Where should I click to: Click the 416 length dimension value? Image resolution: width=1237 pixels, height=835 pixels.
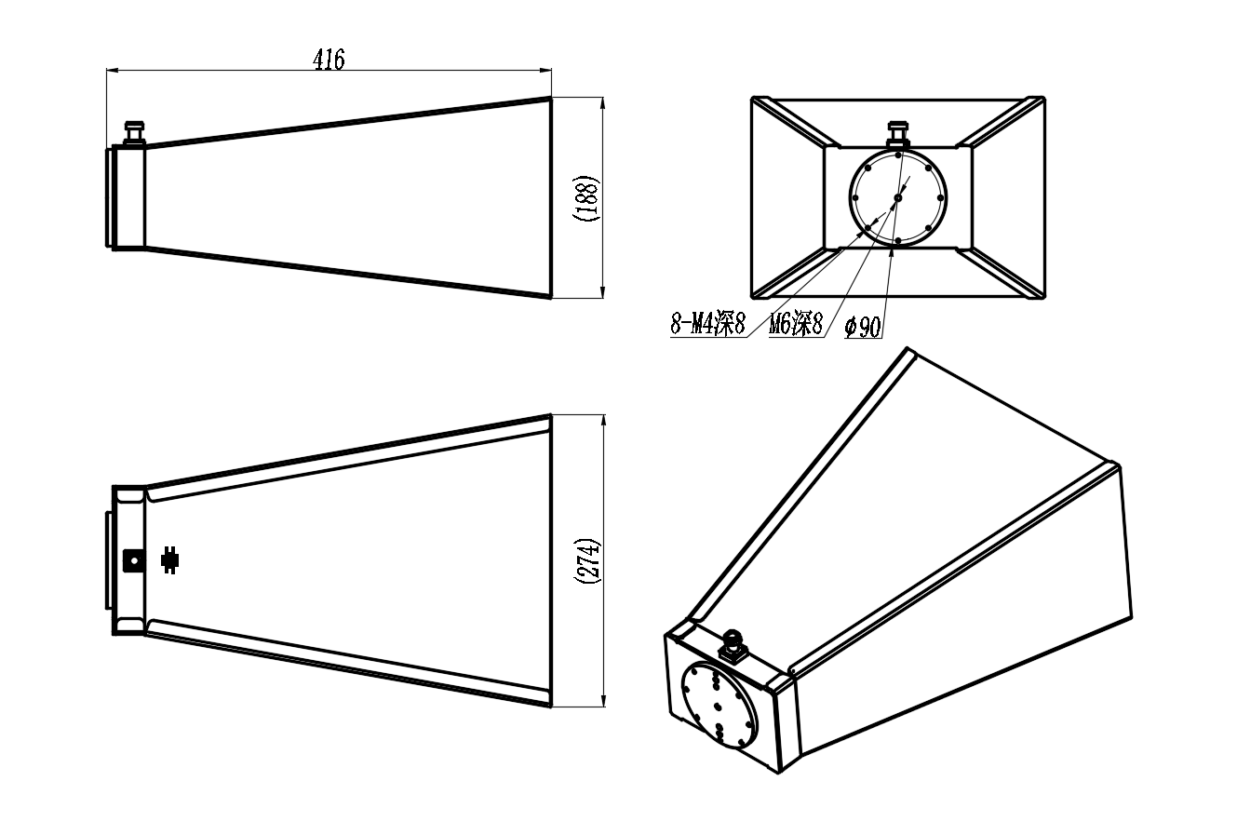tap(329, 60)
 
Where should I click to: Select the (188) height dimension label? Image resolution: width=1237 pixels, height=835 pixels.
tap(586, 197)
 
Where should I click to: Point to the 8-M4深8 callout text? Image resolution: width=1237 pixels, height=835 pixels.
tap(708, 324)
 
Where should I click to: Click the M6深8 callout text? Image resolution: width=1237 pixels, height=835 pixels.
tap(796, 324)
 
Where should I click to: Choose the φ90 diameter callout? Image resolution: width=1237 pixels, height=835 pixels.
tap(863, 327)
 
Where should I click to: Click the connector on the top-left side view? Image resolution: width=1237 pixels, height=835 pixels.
tap(134, 133)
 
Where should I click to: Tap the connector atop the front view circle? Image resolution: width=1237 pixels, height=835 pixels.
tap(898, 135)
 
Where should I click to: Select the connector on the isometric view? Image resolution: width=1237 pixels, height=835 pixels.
tap(733, 645)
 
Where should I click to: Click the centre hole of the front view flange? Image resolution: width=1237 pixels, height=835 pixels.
tap(898, 197)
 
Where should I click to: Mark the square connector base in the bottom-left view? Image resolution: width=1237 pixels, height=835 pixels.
tap(134, 560)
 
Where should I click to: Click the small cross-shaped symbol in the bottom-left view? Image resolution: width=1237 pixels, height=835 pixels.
tap(170, 560)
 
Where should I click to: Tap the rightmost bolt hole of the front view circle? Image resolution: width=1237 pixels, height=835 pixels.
tap(940, 197)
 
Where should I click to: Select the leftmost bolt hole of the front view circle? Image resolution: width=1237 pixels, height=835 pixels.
tap(855, 197)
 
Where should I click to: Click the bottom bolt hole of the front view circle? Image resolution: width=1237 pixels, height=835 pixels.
tap(898, 241)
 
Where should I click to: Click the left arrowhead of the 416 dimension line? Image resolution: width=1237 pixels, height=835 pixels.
tap(112, 70)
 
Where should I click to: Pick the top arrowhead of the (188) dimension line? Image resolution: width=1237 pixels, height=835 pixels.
tap(602, 103)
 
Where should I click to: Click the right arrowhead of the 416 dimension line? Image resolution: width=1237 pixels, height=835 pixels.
tap(545, 70)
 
